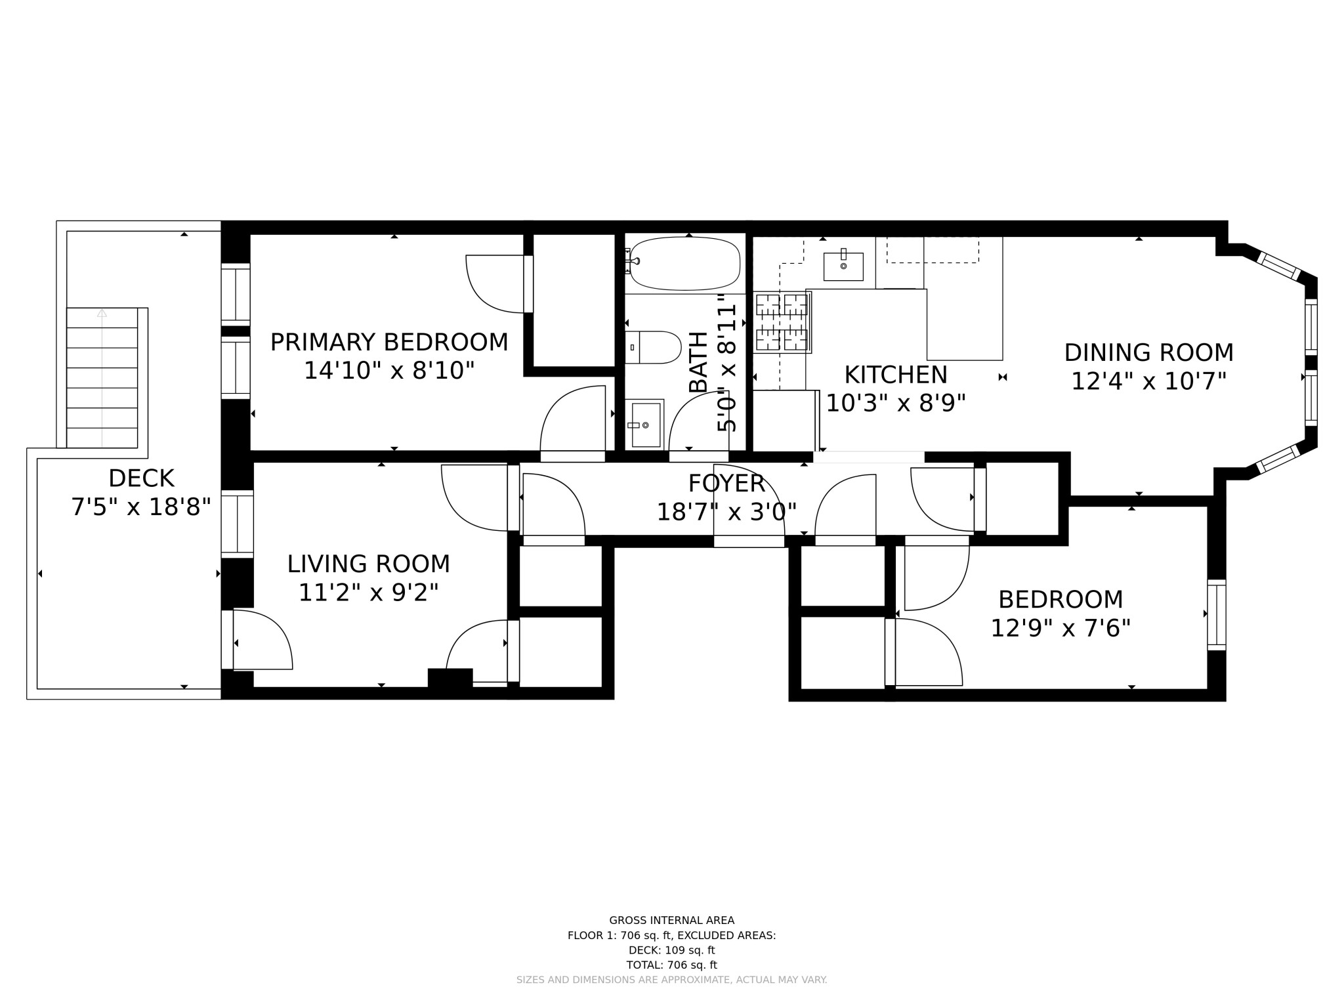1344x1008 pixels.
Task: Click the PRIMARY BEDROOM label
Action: pos(389,343)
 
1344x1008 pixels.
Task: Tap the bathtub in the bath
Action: pos(684,263)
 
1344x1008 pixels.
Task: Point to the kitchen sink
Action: pos(843,266)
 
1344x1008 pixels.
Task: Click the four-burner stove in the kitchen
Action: pos(782,322)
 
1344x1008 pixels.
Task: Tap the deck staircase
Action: pos(102,377)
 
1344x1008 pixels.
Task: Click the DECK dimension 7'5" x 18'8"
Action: pos(141,507)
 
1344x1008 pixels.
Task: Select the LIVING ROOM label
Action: pos(368,564)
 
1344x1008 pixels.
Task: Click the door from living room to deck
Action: pos(228,640)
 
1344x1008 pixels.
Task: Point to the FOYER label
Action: pos(726,484)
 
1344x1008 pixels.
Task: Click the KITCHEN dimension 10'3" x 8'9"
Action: pos(895,403)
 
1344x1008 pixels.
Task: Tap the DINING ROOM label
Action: pos(1148,353)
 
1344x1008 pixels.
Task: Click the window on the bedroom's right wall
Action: pos(1216,615)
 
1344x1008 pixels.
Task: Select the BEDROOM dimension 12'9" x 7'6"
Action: pos(1060,629)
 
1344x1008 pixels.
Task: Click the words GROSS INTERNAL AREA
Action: pos(671,921)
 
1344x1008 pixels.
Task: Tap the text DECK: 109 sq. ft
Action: pos(671,950)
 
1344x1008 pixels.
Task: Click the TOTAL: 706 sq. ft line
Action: pos(671,965)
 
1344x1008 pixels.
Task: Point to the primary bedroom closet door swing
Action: pos(495,283)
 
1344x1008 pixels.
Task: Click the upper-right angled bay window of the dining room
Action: pos(1279,265)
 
